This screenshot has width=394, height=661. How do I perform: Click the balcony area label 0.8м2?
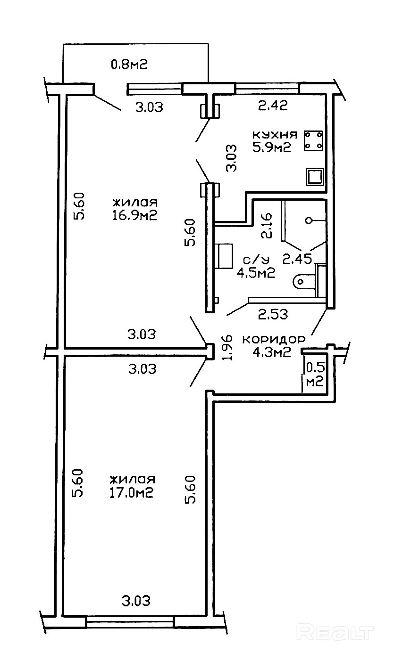(129, 64)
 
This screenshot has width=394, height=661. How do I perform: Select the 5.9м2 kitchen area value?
(271, 147)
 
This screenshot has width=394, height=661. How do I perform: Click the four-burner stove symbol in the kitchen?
(314, 141)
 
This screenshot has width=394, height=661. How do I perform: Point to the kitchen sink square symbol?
(315, 177)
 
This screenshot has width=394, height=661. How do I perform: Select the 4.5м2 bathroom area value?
(257, 273)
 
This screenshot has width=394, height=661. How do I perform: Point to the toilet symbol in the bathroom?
(303, 281)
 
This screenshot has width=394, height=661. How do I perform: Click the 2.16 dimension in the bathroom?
(267, 227)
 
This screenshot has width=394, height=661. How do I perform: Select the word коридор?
(274, 339)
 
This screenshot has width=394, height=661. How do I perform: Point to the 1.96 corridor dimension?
(227, 347)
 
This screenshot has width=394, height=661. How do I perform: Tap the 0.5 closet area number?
(315, 367)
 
